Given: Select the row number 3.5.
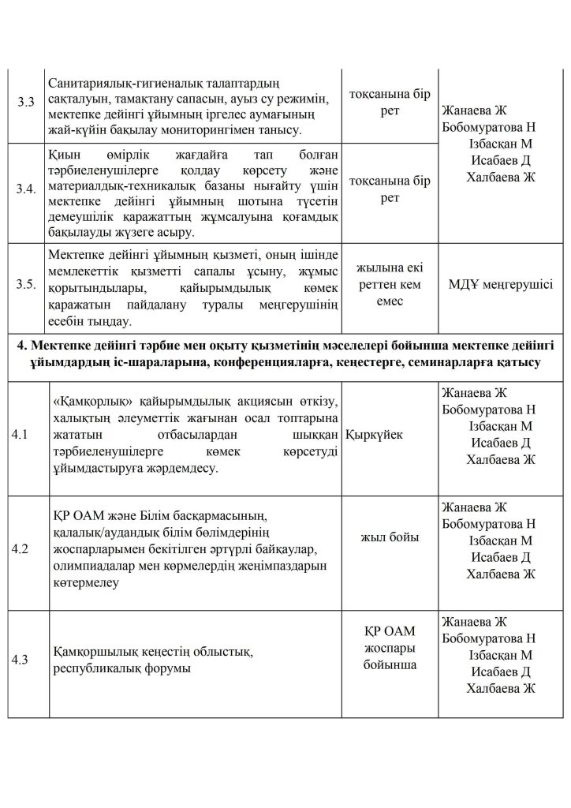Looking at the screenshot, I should coord(27,285).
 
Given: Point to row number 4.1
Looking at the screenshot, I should coord(19,435).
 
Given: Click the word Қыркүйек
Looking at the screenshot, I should coord(375,435).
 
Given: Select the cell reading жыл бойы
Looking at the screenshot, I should coord(390,537).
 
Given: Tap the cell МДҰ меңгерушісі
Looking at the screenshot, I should coord(500,285).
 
